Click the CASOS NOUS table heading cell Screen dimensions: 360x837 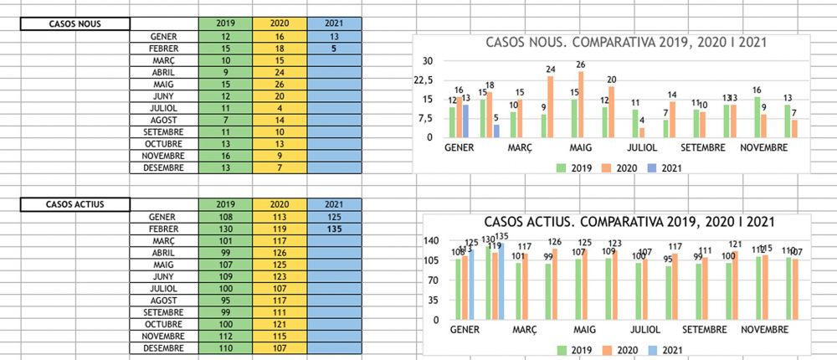coord(75,23)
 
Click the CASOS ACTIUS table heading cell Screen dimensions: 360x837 coord(75,204)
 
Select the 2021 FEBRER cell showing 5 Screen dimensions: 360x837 coord(334,49)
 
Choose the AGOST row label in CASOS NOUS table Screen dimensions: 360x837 coord(163,120)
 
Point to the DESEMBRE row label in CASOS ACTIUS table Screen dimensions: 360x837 coord(163,347)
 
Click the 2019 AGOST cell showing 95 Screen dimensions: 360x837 coord(225,301)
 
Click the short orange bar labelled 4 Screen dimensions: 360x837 coord(643,131)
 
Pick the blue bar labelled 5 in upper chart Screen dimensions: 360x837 coord(496,131)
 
